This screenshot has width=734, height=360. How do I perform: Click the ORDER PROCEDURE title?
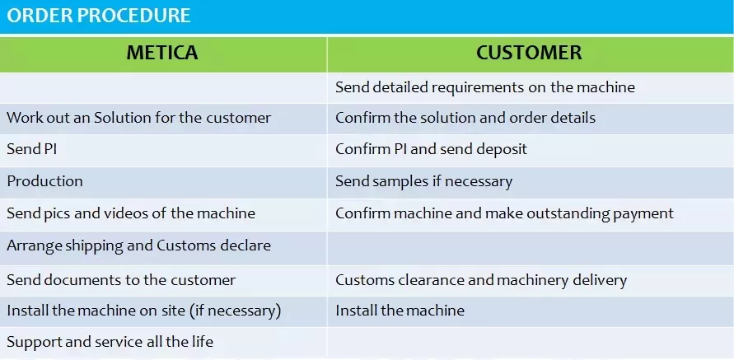98,16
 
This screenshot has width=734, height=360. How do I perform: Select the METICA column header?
162,53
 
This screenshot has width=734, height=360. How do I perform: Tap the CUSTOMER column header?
529,53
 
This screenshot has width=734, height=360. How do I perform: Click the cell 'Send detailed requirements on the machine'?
485,87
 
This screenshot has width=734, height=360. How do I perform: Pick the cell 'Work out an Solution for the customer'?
138,118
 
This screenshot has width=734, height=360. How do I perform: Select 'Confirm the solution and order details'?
465,118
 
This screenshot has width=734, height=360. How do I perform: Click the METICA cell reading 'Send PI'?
32,149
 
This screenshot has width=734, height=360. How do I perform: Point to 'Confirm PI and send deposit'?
431,149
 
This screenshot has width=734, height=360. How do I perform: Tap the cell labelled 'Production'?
44,181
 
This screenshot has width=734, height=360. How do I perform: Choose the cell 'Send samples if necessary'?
423,181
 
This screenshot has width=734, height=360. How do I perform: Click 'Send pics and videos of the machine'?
131,213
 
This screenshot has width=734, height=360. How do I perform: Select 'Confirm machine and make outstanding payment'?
504,213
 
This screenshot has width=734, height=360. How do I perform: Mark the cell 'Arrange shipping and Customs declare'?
138,245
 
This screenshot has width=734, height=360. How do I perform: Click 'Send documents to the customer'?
121,280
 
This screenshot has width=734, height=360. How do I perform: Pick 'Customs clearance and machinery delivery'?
481,280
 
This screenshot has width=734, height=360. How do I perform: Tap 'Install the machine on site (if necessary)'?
143,311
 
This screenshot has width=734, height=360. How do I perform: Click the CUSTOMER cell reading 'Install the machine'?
400,311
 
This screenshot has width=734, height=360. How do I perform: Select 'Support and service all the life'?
110,342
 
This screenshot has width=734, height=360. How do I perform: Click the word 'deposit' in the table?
502,150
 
